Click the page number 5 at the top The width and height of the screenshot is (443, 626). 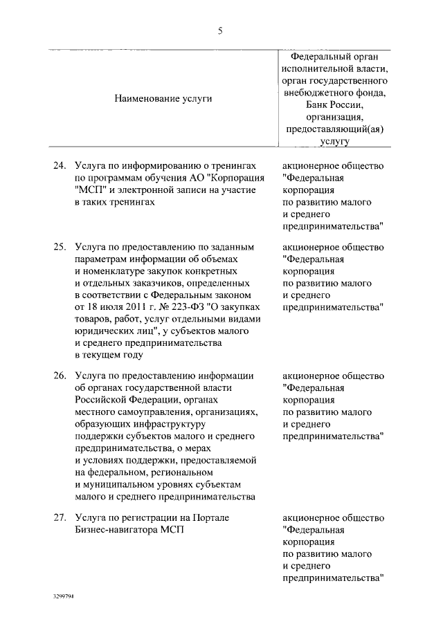220,30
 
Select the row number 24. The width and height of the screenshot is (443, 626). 60,166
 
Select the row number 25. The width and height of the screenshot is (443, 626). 60,246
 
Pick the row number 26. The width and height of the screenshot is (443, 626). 60,376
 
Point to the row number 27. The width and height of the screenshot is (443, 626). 60,517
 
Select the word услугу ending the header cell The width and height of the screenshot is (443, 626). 335,141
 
